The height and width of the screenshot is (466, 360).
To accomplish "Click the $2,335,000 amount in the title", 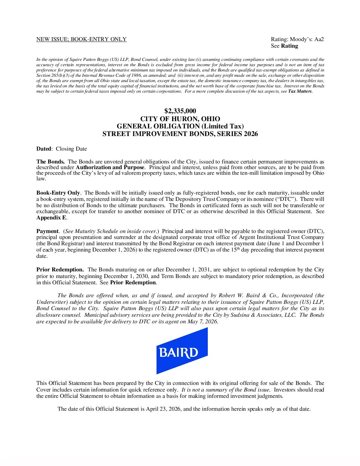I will tap(180, 111).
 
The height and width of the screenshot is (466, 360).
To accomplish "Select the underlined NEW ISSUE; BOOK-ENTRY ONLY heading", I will tap(81, 39).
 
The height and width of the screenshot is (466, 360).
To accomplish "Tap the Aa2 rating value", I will tap(319, 39).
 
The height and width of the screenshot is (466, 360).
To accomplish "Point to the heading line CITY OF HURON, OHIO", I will tap(180, 119).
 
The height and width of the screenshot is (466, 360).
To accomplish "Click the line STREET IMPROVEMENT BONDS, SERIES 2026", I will tap(180, 134).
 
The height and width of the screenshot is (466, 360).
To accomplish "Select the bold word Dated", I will tap(44, 149).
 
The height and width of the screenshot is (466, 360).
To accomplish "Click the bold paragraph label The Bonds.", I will tap(50, 162).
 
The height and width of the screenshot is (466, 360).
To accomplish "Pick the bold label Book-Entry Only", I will tap(58, 193).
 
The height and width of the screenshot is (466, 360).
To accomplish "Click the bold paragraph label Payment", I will tap(47, 231).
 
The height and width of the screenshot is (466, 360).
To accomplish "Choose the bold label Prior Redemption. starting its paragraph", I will tap(60, 270).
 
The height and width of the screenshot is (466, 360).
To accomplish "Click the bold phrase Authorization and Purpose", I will tap(110, 167).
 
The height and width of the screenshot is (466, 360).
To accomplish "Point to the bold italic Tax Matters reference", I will tap(300, 91).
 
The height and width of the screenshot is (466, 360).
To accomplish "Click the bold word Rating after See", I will tap(290, 46).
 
